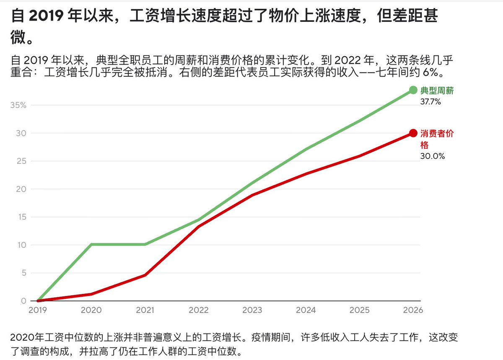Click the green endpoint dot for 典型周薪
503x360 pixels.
413,90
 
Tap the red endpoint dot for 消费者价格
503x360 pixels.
413,133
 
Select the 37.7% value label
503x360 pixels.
430,102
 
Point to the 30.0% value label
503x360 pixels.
432,156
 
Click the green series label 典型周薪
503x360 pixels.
437,91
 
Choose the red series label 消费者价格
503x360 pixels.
437,139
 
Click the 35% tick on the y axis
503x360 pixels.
18,105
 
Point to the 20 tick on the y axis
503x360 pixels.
21,189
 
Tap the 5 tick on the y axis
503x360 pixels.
24,273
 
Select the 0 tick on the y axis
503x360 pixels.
23,301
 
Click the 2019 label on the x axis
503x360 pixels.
37,310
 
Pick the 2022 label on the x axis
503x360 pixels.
199,310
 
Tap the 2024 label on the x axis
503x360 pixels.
306,310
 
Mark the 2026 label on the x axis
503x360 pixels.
413,310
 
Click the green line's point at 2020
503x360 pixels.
91,244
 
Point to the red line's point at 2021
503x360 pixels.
145,275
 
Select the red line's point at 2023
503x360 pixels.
252,195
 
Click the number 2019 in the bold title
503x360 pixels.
46,16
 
